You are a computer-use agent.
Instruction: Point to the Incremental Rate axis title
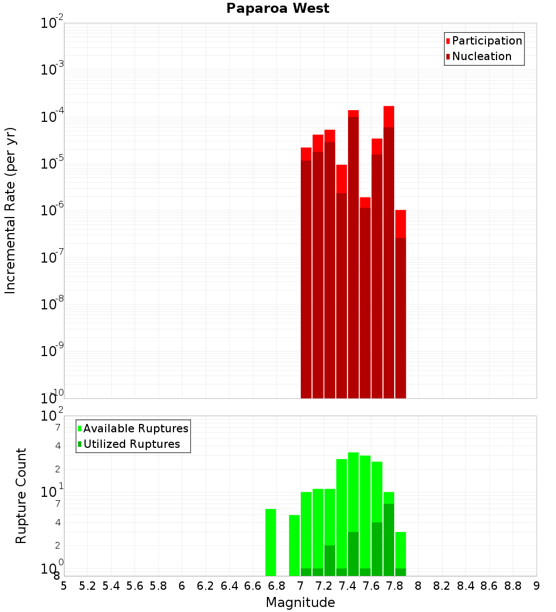pos(11,210)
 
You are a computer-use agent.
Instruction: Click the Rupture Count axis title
pos(21,495)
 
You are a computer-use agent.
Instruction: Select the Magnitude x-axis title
pos(300,603)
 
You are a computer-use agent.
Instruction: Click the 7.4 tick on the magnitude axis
pos(348,586)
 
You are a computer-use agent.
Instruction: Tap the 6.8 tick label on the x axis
pos(276,586)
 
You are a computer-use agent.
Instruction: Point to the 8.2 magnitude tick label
pos(442,586)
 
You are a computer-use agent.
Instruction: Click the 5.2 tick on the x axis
pos(87,586)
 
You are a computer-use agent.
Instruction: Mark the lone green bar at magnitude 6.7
pos(271,542)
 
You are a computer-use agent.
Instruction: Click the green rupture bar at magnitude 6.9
pos(294,545)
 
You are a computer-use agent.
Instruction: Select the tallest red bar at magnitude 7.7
pos(389,250)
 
